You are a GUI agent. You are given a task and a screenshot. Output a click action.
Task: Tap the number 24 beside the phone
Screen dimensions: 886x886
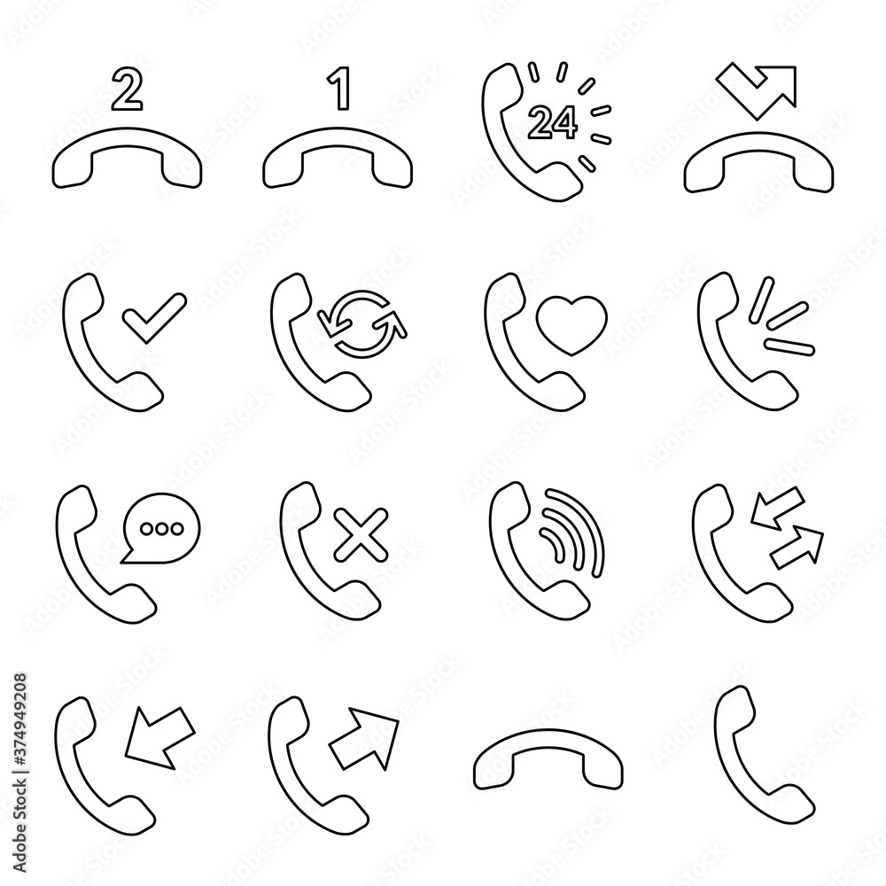point(549,123)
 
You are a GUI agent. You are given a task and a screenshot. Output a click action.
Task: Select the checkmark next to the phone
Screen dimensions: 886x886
point(154,317)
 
